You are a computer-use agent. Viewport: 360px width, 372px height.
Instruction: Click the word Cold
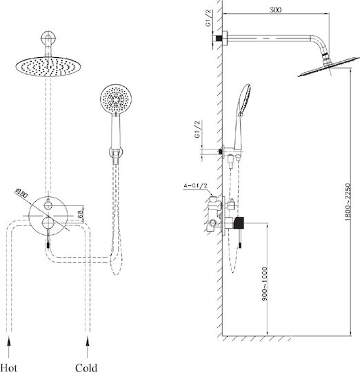86,367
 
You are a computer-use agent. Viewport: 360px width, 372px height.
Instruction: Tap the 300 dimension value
275,10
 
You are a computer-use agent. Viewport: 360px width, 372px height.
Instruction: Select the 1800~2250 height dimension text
348,202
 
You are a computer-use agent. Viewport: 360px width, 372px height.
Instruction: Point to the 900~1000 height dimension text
265,284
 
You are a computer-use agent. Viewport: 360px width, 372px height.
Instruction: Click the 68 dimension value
81,214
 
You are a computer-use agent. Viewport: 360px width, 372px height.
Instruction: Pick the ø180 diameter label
21,193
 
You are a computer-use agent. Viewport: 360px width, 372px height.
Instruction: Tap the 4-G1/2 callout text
195,185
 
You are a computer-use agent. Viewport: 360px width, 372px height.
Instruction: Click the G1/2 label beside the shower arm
208,18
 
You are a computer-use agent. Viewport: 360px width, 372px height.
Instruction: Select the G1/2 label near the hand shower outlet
197,130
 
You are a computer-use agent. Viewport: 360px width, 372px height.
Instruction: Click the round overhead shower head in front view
48,66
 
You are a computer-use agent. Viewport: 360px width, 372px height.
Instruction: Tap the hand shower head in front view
116,99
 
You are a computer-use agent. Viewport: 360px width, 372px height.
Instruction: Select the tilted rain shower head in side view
329,67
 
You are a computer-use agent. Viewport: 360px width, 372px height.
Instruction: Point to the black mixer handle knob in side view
239,223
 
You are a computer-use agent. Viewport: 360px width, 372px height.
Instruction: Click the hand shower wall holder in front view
116,152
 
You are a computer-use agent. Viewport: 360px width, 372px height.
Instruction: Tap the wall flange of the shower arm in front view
48,38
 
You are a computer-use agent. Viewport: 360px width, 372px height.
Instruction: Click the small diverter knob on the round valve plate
48,205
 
